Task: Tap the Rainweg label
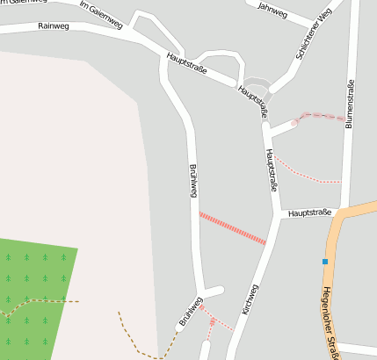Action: pyautogui.click(x=54, y=26)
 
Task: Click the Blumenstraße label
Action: pyautogui.click(x=350, y=105)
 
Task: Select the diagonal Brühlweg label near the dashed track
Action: pyautogui.click(x=191, y=313)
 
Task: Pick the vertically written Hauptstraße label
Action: pyautogui.click(x=272, y=170)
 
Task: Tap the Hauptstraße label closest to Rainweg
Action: pyautogui.click(x=186, y=62)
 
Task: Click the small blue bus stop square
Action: pyautogui.click(x=324, y=262)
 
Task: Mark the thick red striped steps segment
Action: pyautogui.click(x=232, y=227)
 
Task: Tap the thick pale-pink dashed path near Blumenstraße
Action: pyautogui.click(x=321, y=116)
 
